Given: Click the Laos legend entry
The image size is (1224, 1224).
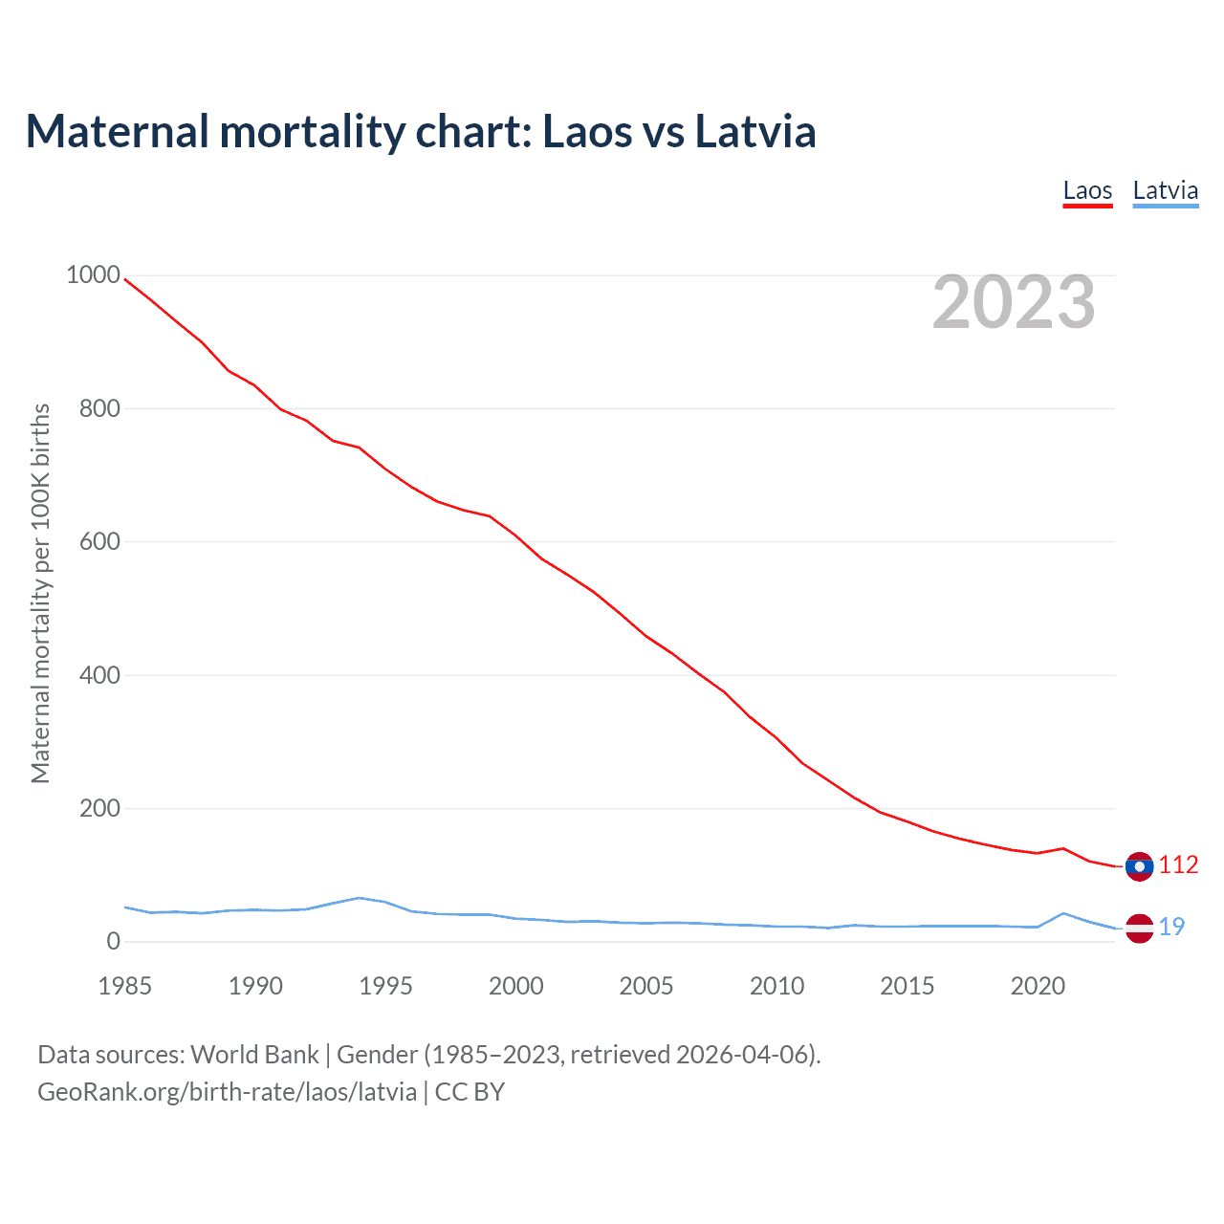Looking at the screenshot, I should [1087, 190].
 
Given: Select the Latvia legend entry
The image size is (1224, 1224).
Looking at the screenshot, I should [1165, 190].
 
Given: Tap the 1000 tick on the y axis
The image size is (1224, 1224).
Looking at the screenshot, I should [93, 275].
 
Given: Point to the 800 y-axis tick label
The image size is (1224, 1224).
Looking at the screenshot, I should [99, 408].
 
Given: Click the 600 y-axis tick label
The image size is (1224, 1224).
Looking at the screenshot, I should [99, 541].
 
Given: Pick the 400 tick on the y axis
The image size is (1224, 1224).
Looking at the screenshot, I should [99, 675].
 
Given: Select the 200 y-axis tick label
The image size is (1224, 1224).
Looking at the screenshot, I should [99, 808].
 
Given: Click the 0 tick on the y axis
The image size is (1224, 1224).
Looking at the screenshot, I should [114, 942].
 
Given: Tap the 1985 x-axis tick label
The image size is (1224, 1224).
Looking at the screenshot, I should [125, 986].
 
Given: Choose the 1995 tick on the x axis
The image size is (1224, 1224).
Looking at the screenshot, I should [385, 986].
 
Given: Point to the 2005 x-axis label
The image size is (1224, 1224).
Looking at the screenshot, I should [646, 986].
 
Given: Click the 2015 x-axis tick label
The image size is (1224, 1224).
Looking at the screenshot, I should [907, 986].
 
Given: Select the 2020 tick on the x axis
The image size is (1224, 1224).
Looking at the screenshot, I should [1038, 986].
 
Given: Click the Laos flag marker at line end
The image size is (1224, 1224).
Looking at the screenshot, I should [1139, 866].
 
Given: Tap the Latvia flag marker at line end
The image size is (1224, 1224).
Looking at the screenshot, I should [1139, 928].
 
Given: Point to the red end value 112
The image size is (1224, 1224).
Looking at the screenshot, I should [1178, 865].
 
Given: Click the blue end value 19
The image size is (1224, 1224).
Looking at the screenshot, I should [1171, 927].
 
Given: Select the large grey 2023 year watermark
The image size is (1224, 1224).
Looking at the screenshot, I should [1014, 302].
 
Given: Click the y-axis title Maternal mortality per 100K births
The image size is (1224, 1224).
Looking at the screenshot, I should [40, 593].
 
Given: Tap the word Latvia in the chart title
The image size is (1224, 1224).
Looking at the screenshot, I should [755, 131].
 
